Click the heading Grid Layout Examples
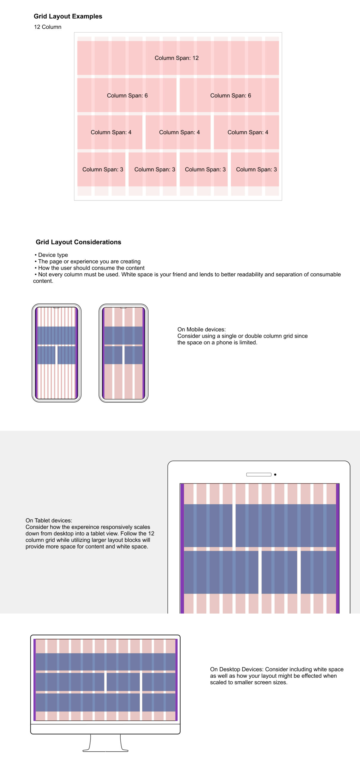pyautogui.click(x=68, y=16)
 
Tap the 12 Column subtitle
pyautogui.click(x=47, y=27)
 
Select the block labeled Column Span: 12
pyautogui.click(x=176, y=58)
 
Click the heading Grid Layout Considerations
pyautogui.click(x=78, y=242)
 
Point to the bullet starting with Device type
pyautogui.click(x=53, y=255)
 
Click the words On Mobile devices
pyautogui.click(x=201, y=329)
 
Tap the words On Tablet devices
pyautogui.click(x=49, y=520)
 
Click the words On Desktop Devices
pyautogui.click(x=237, y=669)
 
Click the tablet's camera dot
pyautogui.click(x=275, y=475)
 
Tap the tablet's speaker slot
pyautogui.click(x=259, y=475)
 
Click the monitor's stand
pyautogui.click(x=105, y=743)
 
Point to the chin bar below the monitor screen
pyautogui.click(x=105, y=729)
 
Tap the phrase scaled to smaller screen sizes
pyautogui.click(x=248, y=683)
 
